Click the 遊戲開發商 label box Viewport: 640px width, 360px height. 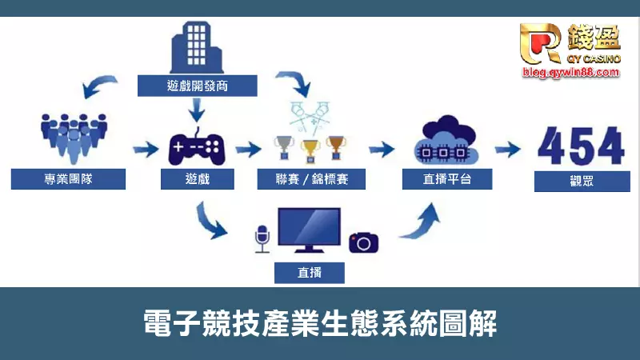197,86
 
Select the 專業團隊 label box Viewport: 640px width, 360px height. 68,178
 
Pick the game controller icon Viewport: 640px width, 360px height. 197,146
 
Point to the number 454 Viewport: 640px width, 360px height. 581,146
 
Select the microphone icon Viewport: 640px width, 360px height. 260,238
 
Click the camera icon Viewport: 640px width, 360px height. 363,242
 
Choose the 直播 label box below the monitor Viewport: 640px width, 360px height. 310,272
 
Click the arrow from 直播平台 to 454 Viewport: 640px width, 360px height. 509,149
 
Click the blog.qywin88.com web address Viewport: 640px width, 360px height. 570,72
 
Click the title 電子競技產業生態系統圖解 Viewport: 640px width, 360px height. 320,324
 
